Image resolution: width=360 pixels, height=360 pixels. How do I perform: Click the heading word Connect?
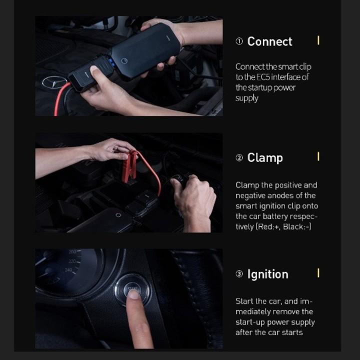[269, 41]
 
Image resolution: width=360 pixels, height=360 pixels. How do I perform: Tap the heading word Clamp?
[265, 158]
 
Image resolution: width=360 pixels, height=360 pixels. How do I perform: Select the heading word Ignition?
[267, 274]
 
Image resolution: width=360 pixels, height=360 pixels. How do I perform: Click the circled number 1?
[239, 41]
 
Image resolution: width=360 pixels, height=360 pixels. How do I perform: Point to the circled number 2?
[239, 157]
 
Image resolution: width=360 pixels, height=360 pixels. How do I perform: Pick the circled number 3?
[239, 274]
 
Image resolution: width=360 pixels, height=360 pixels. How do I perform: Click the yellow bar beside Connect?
[318, 40]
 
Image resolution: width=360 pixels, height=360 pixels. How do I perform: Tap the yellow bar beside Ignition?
[318, 273]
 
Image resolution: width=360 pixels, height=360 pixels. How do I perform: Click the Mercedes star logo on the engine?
[54, 82]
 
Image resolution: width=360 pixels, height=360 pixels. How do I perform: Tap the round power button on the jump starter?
[124, 60]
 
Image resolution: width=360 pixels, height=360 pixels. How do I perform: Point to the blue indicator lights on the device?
[111, 63]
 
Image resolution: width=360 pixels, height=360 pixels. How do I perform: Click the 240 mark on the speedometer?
[68, 270]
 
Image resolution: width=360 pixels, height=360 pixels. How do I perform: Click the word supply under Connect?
[247, 98]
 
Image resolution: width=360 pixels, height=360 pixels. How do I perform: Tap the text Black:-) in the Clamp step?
[297, 227]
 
